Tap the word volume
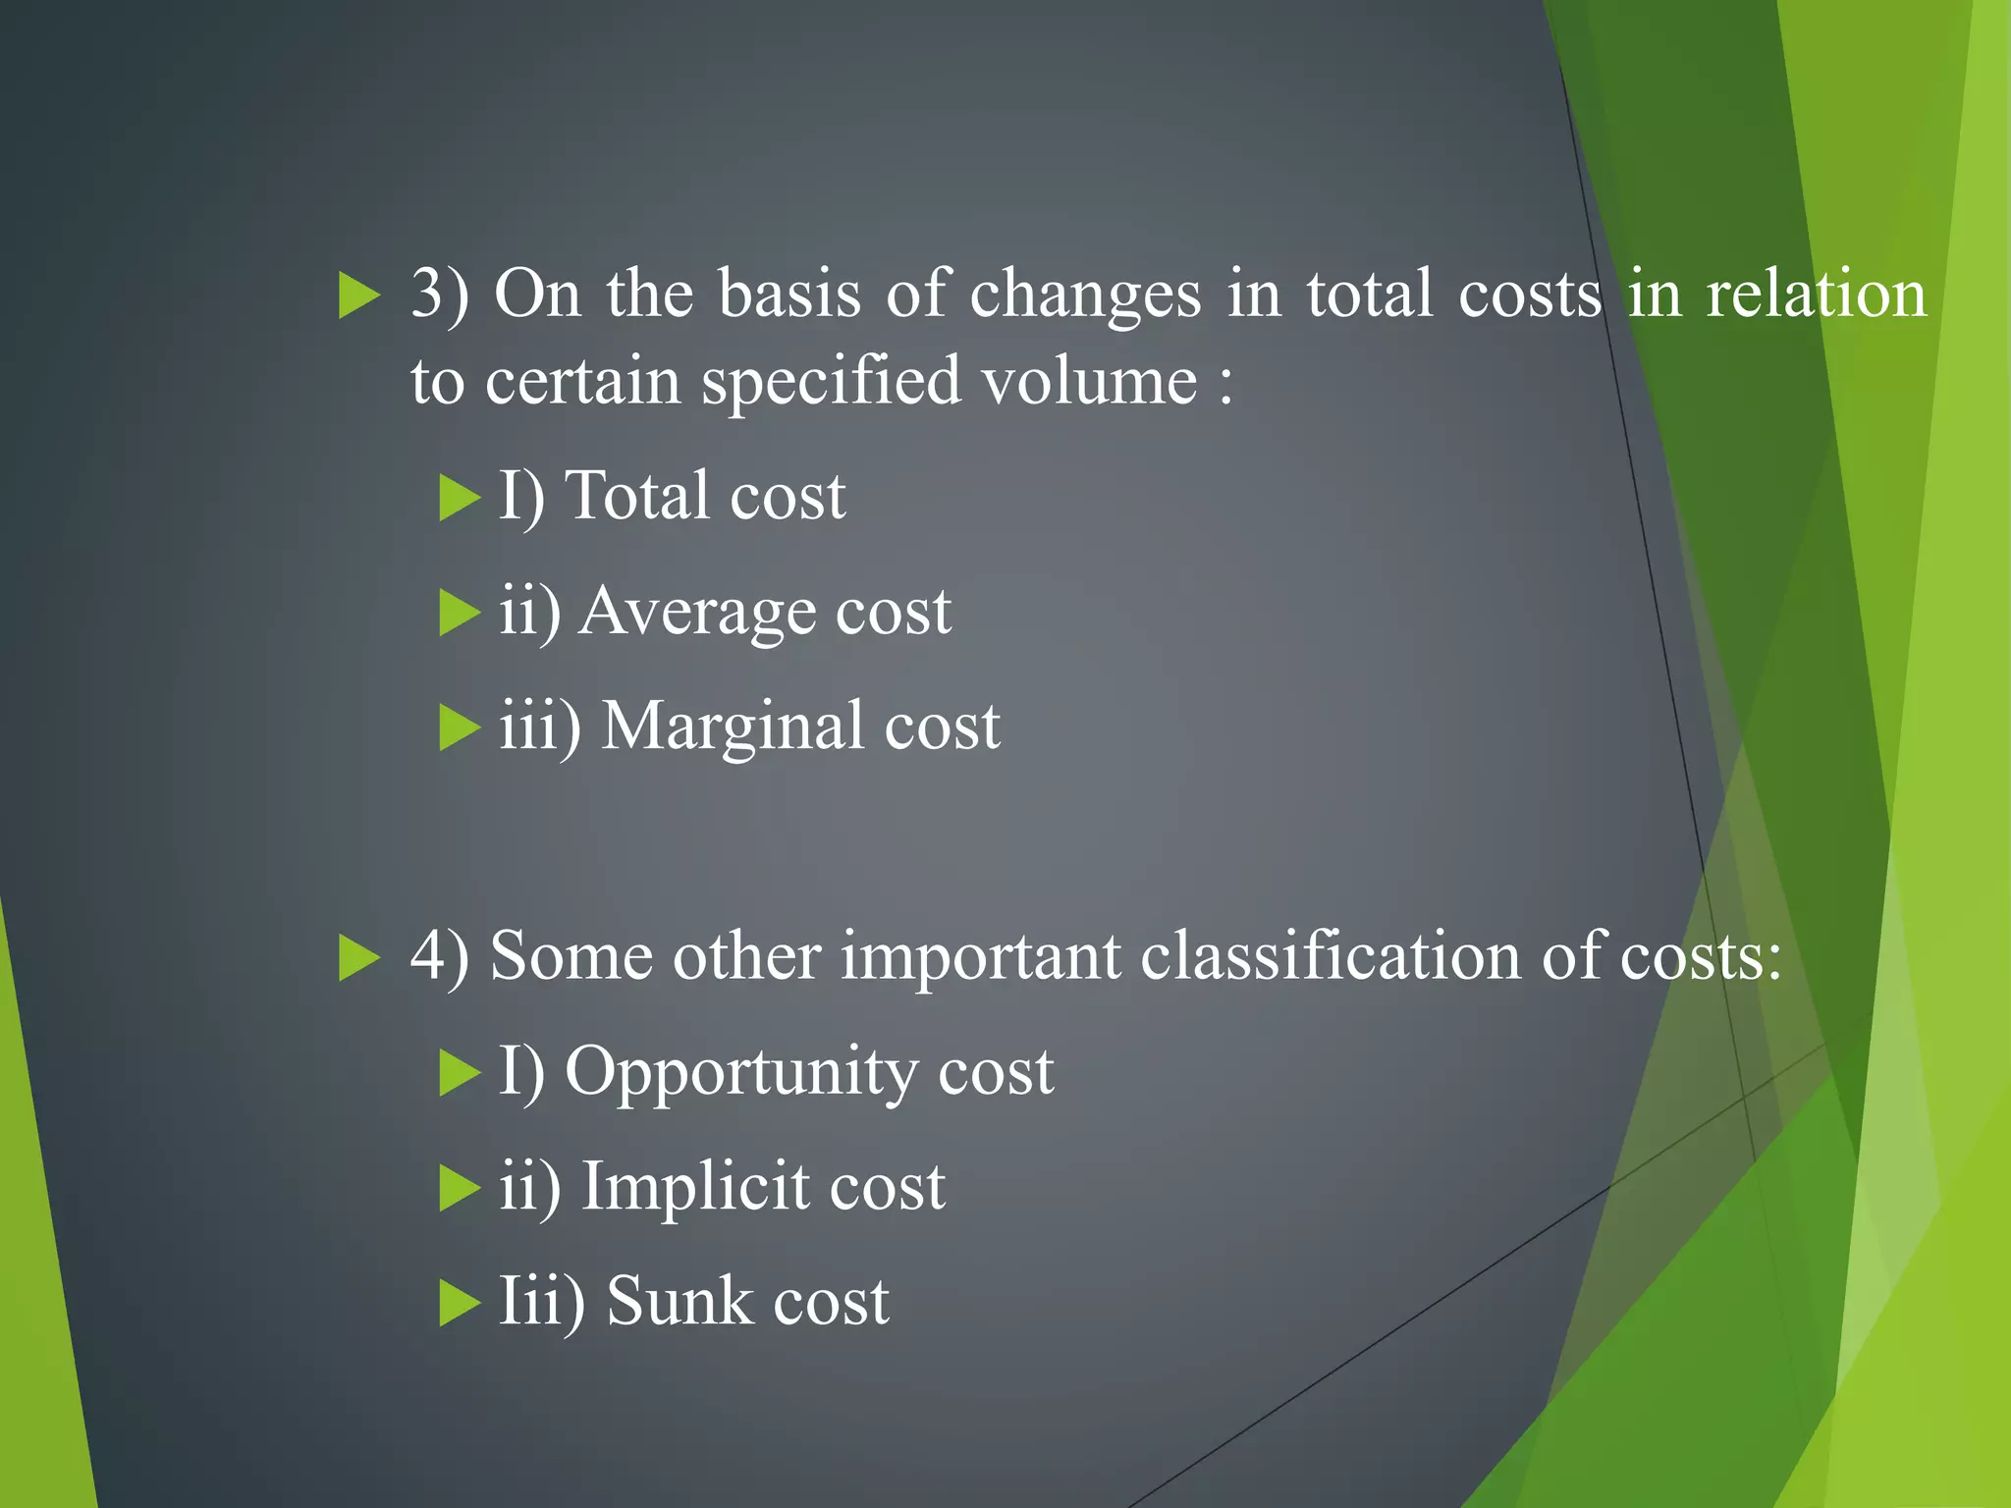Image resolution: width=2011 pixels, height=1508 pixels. [1090, 381]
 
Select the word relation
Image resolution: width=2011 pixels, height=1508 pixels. [1817, 295]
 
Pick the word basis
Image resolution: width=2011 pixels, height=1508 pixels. [789, 295]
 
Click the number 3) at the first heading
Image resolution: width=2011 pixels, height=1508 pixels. [438, 295]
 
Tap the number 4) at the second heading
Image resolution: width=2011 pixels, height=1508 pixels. [438, 956]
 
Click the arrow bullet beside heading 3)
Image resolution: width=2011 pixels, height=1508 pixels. [358, 296]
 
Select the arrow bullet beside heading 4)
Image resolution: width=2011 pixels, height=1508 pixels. [358, 957]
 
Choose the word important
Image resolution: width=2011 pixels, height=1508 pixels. [980, 956]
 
